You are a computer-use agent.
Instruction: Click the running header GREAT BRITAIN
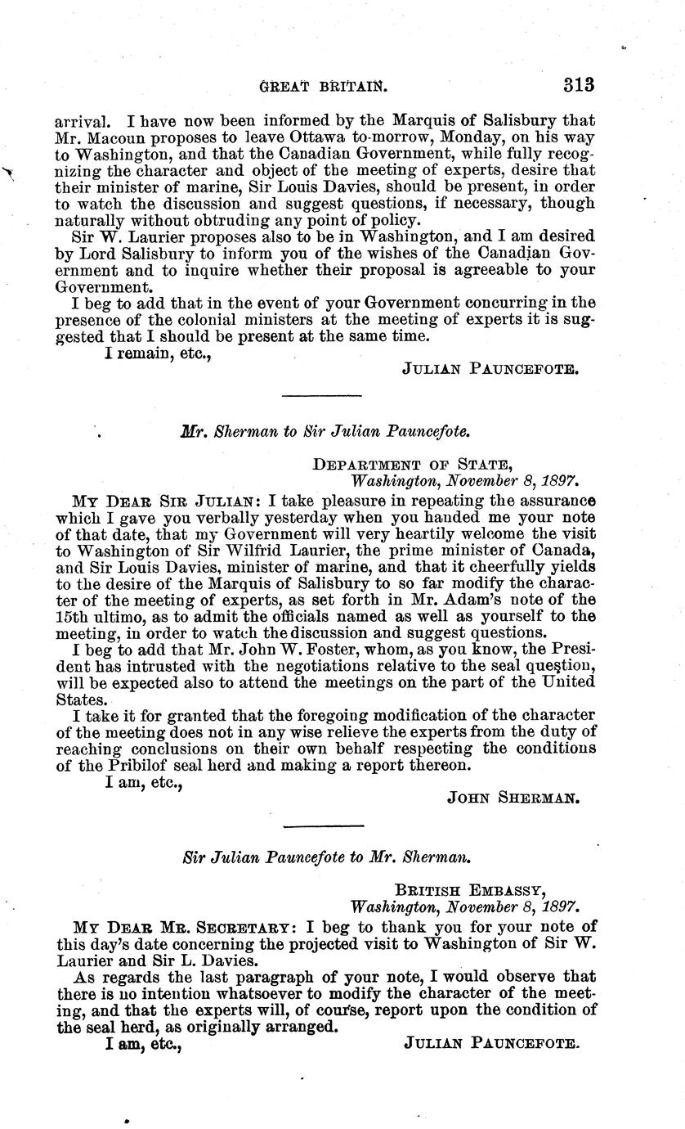322,85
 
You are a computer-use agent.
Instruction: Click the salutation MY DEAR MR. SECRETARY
184,927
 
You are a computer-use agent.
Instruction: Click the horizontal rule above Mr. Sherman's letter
320,396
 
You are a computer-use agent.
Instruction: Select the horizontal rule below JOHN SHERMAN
320,823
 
